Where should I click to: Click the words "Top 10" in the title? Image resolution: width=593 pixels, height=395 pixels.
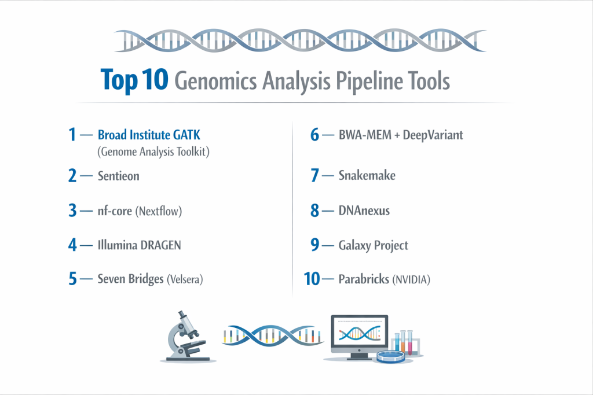[134, 80]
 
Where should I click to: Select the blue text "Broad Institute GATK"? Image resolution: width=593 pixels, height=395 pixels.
[149, 135]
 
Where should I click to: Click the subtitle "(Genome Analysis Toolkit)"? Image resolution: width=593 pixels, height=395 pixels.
[153, 152]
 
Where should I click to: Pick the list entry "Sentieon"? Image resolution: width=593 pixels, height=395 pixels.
[118, 176]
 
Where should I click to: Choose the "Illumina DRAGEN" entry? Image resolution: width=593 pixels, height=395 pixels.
[139, 245]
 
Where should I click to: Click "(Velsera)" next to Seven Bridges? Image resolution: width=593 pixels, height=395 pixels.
[185, 279]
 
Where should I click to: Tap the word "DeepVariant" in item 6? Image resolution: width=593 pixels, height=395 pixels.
[433, 135]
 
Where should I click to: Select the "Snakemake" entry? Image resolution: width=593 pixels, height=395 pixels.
[367, 175]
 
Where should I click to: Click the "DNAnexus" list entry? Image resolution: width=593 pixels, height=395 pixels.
[364, 211]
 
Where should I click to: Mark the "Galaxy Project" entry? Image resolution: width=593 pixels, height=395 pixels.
[374, 245]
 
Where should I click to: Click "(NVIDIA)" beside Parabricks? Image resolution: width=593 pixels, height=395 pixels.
[411, 279]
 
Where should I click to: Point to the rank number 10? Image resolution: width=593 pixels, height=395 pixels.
[312, 279]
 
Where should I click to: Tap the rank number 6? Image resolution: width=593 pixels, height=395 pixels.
[314, 135]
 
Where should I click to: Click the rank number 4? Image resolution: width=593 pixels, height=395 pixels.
[72, 245]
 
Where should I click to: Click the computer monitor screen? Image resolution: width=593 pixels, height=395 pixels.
[359, 333]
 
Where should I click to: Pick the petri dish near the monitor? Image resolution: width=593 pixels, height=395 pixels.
[391, 356]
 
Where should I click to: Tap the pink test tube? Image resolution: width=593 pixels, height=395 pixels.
[409, 342]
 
